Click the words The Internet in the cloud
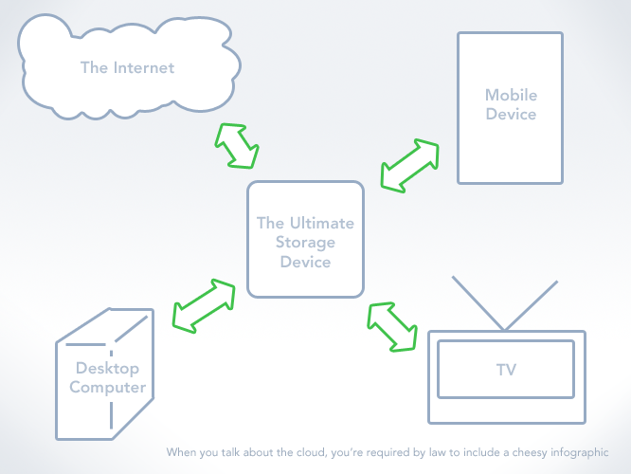coord(127,67)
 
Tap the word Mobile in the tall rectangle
coord(511,95)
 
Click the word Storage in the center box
coord(305,243)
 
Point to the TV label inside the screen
coord(506,370)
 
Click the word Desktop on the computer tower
coord(107,369)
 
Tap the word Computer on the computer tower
coord(107,388)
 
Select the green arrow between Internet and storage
coord(237,146)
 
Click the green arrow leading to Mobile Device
coord(409,166)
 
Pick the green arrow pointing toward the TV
coord(392,327)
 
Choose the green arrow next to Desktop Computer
coord(204,305)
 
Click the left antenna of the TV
coord(478,303)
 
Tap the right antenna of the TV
coord(532,305)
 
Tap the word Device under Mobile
coord(511,114)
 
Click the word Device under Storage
coord(305,263)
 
